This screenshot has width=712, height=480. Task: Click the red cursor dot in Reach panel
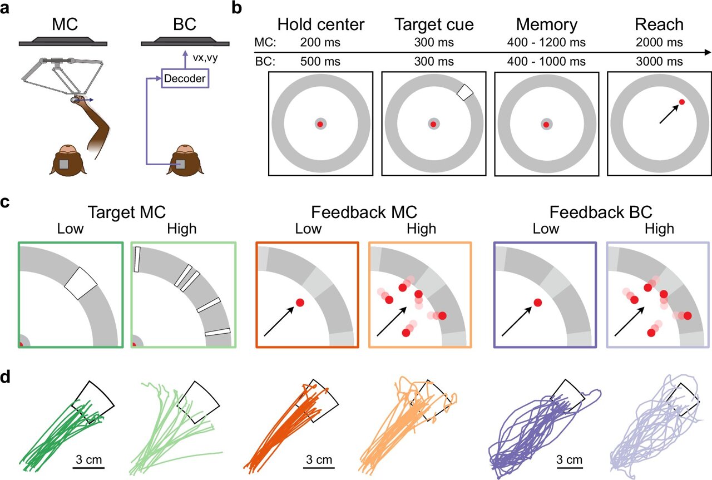pyautogui.click(x=681, y=102)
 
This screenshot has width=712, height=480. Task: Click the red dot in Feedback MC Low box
pyautogui.click(x=300, y=303)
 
